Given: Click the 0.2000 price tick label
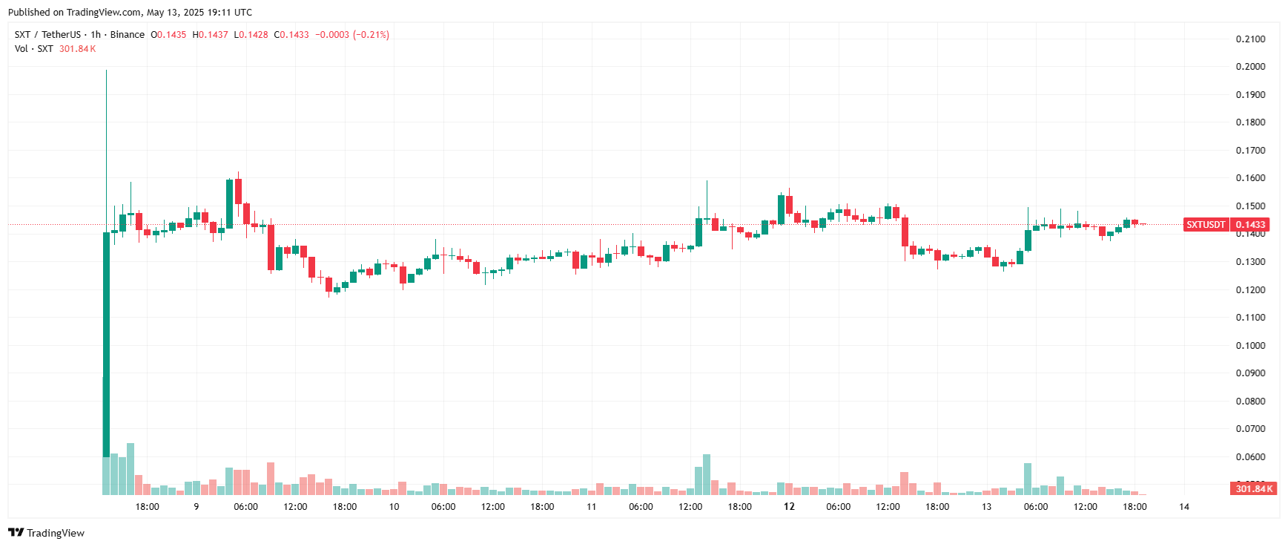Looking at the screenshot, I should point(1250,67).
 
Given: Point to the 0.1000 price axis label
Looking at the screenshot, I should point(1250,346).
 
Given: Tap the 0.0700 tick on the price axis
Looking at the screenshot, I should point(1250,429).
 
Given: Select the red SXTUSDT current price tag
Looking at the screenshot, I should point(1206,225).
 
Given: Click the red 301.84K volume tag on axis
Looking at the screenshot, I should point(1254,488).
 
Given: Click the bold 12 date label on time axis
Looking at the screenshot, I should point(789,507).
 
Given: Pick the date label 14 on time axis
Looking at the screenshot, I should point(1184,507).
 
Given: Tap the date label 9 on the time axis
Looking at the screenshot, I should point(196,507).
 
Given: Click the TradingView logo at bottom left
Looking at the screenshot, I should point(47,533).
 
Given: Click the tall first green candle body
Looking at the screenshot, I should point(106,341).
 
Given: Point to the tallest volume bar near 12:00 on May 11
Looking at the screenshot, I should point(707,474).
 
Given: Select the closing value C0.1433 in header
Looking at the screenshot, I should point(291,35).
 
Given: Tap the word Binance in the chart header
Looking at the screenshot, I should point(128,35).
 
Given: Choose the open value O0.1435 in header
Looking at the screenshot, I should point(168,35).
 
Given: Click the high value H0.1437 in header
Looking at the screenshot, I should point(210,35).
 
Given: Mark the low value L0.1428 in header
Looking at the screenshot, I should point(251,35).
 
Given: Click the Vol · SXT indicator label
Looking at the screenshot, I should point(33,49).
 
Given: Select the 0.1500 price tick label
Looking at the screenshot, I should point(1250,206).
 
